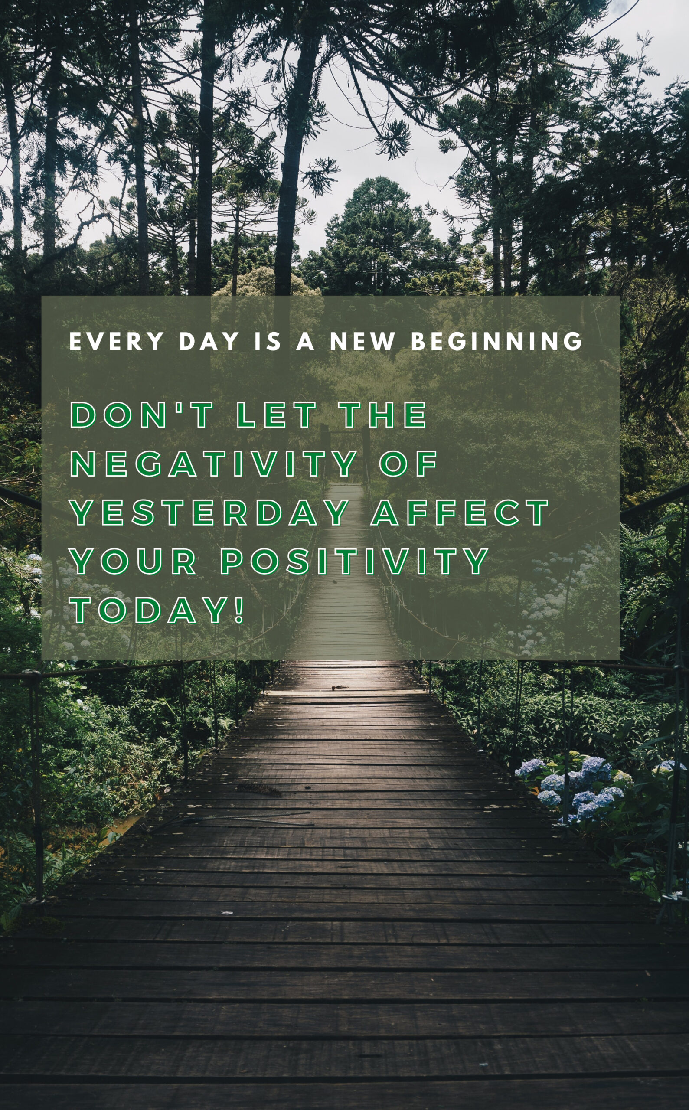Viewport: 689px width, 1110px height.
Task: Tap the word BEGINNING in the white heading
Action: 497,341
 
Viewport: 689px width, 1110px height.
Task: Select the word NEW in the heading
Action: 362,341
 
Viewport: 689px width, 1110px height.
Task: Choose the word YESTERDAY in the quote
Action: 210,512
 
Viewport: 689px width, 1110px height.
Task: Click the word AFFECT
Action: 460,512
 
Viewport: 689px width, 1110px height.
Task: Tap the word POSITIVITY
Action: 355,561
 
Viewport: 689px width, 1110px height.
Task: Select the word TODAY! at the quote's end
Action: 157,610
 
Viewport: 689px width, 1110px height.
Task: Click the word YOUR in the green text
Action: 134,561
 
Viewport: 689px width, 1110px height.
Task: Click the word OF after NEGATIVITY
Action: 408,464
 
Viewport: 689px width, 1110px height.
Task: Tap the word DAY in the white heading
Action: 209,341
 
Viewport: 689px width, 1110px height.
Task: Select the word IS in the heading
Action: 268,341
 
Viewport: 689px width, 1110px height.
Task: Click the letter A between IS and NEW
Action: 305,341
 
